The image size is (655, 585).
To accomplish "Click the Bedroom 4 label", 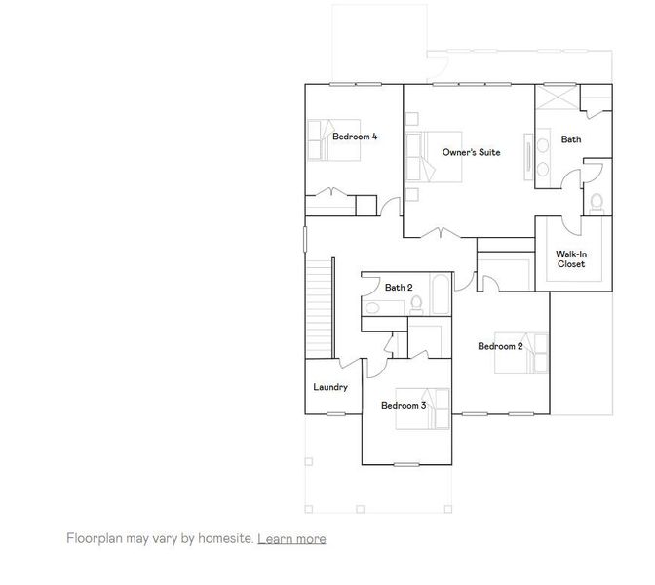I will point(355,137).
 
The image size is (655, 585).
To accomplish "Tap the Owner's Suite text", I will point(471,153).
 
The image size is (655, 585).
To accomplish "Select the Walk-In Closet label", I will point(571,259).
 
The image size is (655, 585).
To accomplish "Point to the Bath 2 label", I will point(398,288).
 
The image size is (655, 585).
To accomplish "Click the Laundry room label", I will point(330,387).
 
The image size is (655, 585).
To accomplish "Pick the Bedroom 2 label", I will point(500,346).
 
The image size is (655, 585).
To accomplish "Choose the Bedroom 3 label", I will point(404,406).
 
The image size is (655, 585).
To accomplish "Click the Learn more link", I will point(291,538).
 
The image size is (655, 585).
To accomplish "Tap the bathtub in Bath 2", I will point(441,295).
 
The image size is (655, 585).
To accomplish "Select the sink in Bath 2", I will point(371,308).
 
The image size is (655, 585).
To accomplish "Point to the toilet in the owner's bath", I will point(597,202).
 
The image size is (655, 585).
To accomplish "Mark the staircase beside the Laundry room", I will point(319,306).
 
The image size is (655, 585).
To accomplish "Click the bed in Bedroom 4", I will point(321,139).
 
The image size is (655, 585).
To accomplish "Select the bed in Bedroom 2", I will point(531,352).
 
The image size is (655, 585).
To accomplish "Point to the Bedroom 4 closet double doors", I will point(330,192).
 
